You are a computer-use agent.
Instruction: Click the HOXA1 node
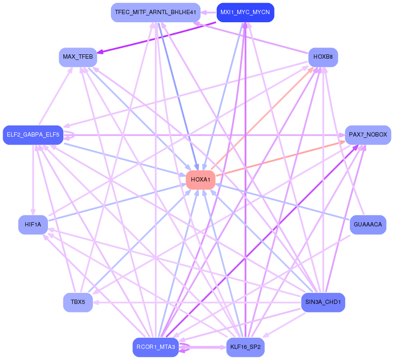pos(200,180)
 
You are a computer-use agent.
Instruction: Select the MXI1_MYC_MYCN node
pos(245,12)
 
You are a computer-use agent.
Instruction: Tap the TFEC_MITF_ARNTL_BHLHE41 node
pos(155,12)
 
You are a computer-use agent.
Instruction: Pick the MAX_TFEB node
pos(78,57)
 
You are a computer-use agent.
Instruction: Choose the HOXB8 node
pos(323,57)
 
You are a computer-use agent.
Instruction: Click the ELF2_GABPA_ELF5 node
pos(33,135)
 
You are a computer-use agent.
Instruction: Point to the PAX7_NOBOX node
pos(368,135)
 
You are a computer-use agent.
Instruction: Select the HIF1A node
pos(33,225)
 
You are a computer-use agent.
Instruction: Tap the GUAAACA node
pos(368,225)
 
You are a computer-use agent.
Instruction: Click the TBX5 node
pos(78,302)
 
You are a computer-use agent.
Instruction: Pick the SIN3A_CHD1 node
pos(323,302)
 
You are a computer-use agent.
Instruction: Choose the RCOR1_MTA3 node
pos(155,347)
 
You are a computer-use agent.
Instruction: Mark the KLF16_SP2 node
pos(245,347)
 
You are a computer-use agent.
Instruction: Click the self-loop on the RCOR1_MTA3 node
pos(186,347)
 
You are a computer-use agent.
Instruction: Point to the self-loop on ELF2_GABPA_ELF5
pos(71,135)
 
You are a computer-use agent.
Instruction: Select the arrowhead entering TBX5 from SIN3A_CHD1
pos(96,302)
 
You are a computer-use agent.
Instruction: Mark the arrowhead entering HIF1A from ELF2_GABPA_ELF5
pos(33,213)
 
